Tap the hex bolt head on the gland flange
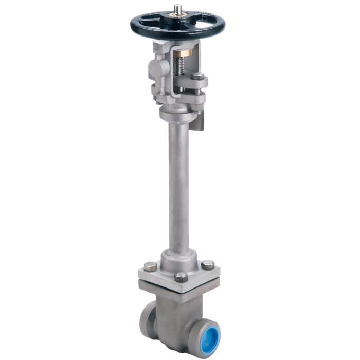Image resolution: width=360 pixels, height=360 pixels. [x=197, y=79]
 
